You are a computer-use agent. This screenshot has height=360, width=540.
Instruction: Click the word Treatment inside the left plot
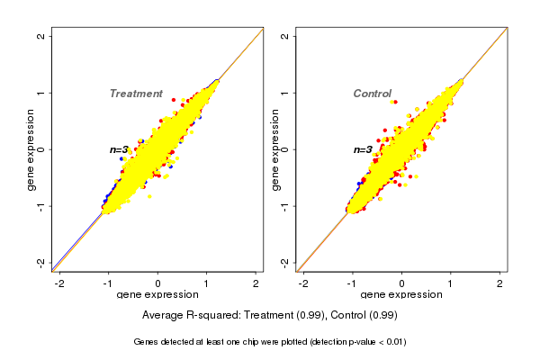[x=136, y=94]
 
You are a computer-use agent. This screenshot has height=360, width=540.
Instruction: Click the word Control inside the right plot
[x=372, y=94]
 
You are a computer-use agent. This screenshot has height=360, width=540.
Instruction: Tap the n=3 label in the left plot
[x=120, y=149]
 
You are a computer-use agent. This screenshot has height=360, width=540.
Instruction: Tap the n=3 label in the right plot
[x=363, y=149]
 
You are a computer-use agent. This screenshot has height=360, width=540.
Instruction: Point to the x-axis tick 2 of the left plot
[x=256, y=283]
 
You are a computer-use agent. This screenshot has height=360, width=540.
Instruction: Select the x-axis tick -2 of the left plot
[x=59, y=283]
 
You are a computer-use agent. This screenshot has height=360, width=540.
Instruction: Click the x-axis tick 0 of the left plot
[x=158, y=283]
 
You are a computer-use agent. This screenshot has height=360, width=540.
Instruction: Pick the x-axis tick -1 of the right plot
[x=352, y=283]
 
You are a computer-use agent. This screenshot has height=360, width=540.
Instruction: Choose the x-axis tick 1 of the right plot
[x=451, y=283]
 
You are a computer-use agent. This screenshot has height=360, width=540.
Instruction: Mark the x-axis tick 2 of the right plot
[x=500, y=283]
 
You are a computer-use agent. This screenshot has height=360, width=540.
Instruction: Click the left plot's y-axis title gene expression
[x=31, y=149]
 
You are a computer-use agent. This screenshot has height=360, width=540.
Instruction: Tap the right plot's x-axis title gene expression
[x=401, y=295]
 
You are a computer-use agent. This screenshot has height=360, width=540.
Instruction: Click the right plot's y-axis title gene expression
[x=275, y=149]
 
